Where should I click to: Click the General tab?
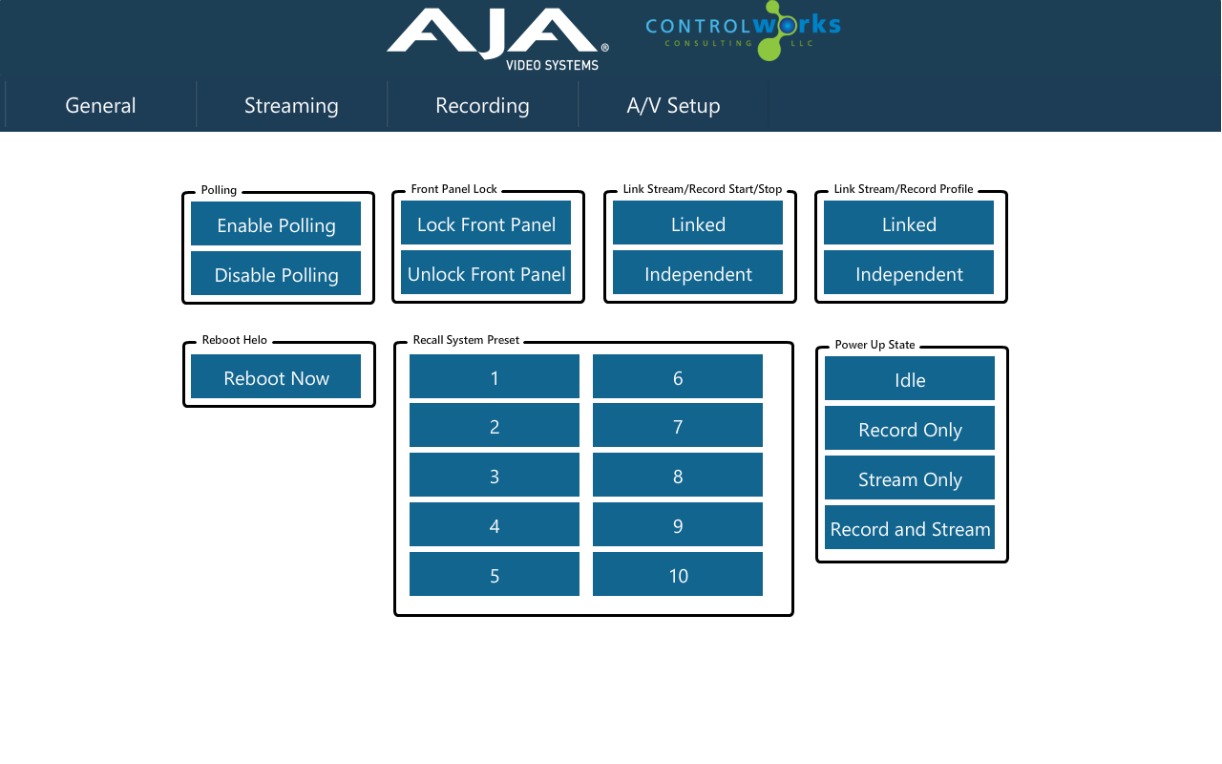(100, 105)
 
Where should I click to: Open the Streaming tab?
(291, 105)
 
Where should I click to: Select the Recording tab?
(482, 105)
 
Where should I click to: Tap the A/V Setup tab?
(673, 105)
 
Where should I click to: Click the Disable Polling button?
(276, 273)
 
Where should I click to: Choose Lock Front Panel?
(486, 223)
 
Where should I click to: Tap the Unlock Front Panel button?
(486, 272)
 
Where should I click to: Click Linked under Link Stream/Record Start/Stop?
(697, 223)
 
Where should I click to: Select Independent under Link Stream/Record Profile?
(908, 272)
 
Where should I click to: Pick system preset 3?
(495, 475)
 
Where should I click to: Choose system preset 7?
(678, 425)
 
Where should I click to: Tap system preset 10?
(678, 574)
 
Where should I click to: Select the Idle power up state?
(910, 378)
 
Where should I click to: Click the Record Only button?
(910, 428)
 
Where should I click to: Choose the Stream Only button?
(910, 477)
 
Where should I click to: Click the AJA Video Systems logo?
(497, 39)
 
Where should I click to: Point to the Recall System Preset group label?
(466, 340)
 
